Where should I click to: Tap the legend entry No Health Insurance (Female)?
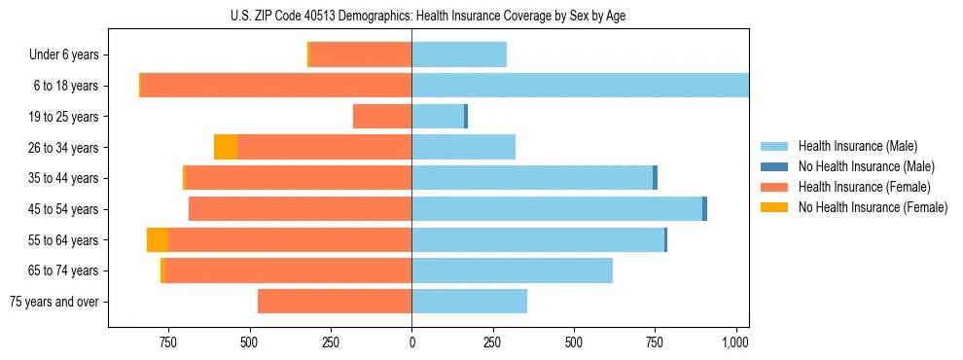point(873,207)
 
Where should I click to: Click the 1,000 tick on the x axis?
point(735,342)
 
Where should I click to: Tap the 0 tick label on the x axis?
point(411,342)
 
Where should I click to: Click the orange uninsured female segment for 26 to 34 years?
point(226,147)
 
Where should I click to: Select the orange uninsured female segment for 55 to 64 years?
point(158,239)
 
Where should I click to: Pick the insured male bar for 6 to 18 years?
point(580,86)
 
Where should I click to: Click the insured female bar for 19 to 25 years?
point(382,117)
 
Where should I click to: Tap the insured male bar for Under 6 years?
point(459,55)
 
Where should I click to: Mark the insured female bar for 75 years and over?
point(335,302)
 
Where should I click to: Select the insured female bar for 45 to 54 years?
point(300,209)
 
